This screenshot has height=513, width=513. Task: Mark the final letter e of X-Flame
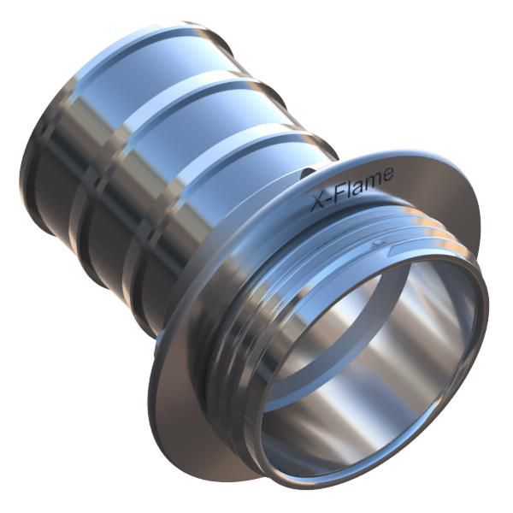tap(386, 174)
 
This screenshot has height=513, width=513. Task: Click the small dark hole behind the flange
tap(307, 173)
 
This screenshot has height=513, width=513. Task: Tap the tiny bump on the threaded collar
tap(380, 243)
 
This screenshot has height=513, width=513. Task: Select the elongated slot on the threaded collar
tap(398, 250)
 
